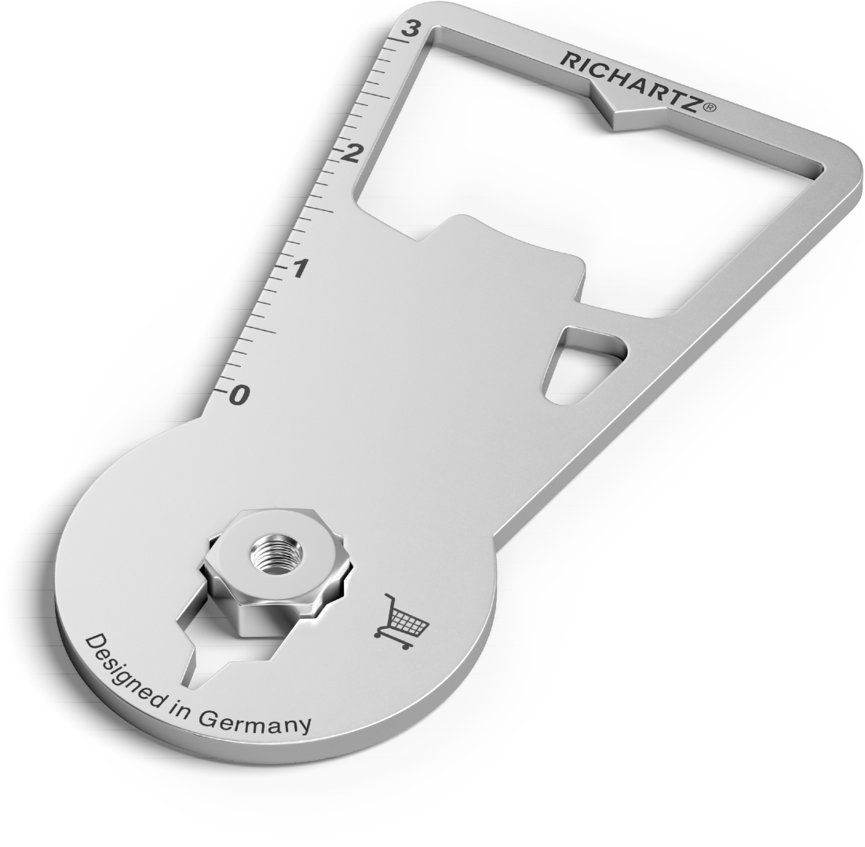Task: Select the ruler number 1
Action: coord(298,269)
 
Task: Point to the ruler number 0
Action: coord(240,394)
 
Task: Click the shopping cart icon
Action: coord(402,621)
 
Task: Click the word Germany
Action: coord(254,722)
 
